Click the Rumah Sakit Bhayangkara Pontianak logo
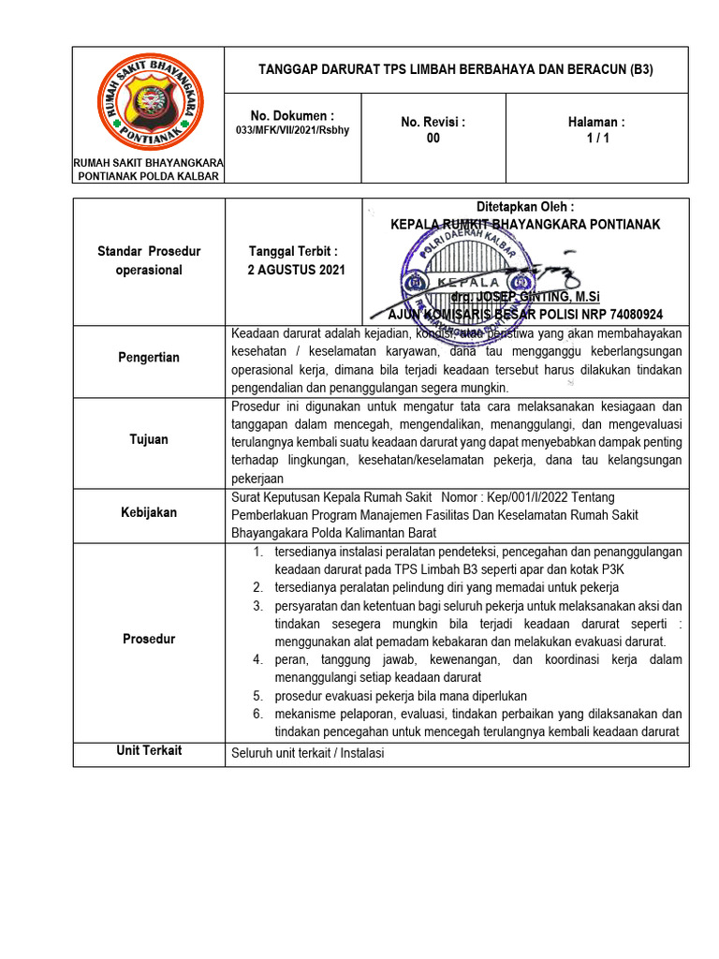coord(149,103)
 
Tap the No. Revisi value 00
coord(433,139)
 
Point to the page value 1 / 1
coord(596,139)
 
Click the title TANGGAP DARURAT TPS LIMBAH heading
coord(456,69)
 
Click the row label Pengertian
coord(149,358)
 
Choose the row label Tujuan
coord(149,438)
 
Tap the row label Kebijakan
coord(149,512)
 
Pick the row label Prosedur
coord(149,639)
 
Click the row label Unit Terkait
coord(149,751)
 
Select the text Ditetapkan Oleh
coord(525,207)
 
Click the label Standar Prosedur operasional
coord(149,260)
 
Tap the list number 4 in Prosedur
coord(257,660)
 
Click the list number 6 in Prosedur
coord(257,714)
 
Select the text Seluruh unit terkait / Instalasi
coord(307,753)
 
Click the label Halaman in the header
coord(596,122)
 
